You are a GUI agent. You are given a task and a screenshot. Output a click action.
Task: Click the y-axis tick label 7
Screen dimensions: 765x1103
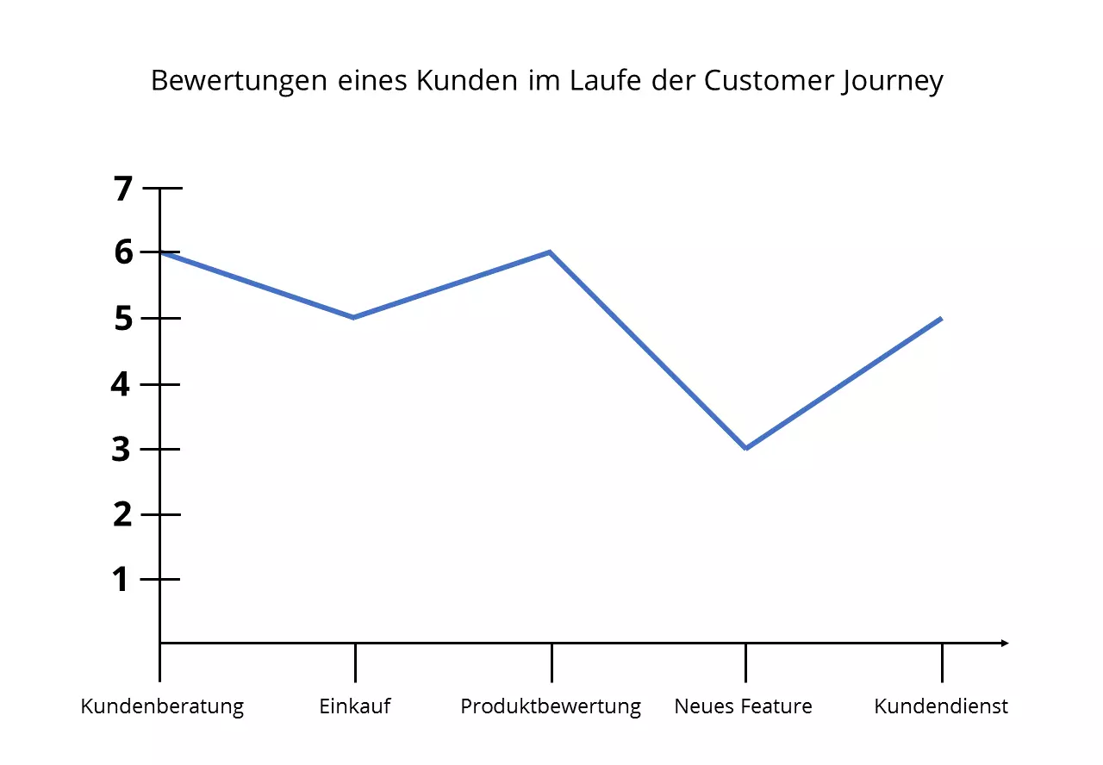click(x=124, y=189)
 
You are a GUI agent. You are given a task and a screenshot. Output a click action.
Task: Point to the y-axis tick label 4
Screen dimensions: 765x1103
click(x=122, y=383)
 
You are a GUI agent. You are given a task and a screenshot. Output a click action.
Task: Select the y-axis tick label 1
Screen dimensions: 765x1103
click(x=122, y=580)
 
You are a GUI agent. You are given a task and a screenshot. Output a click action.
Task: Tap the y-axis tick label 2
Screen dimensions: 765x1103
click(x=122, y=514)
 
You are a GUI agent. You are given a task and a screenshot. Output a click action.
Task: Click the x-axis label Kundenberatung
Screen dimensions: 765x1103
click(x=162, y=707)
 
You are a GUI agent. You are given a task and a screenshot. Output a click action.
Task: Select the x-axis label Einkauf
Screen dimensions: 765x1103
click(x=355, y=707)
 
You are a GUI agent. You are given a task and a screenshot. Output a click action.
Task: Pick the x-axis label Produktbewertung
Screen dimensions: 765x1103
click(x=551, y=707)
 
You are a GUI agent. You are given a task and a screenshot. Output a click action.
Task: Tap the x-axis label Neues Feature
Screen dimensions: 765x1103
click(x=743, y=707)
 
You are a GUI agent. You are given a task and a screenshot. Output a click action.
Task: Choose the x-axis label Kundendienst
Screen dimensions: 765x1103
click(x=941, y=707)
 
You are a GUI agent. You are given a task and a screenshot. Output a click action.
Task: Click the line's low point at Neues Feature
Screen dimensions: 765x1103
click(x=745, y=448)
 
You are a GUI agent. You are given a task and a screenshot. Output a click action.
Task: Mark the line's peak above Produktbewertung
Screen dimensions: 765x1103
click(x=550, y=252)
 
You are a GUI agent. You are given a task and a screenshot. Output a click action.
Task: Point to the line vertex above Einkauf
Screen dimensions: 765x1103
click(x=354, y=317)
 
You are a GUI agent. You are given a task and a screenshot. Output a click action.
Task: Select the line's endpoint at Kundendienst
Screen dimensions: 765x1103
click(x=941, y=318)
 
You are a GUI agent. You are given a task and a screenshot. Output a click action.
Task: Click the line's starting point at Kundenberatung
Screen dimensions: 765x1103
click(x=161, y=252)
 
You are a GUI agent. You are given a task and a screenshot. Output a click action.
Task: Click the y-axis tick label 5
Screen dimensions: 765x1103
click(x=123, y=319)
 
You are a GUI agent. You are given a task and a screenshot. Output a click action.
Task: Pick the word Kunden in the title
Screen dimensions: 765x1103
click(x=457, y=80)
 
